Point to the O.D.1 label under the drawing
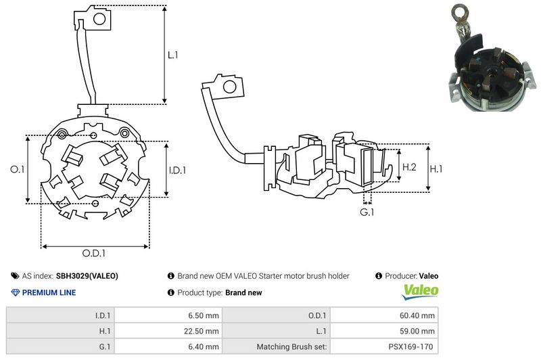pyautogui.click(x=94, y=253)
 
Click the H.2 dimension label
pyautogui.click(x=409, y=167)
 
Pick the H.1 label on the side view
pyautogui.click(x=438, y=167)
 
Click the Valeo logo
pyautogui.click(x=421, y=292)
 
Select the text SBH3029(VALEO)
pyautogui.click(x=87, y=276)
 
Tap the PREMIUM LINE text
pyautogui.click(x=49, y=293)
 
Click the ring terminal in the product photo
pyautogui.click(x=463, y=12)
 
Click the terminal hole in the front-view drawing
pyautogui.click(x=97, y=18)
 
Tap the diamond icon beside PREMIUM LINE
pyautogui.click(x=16, y=293)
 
